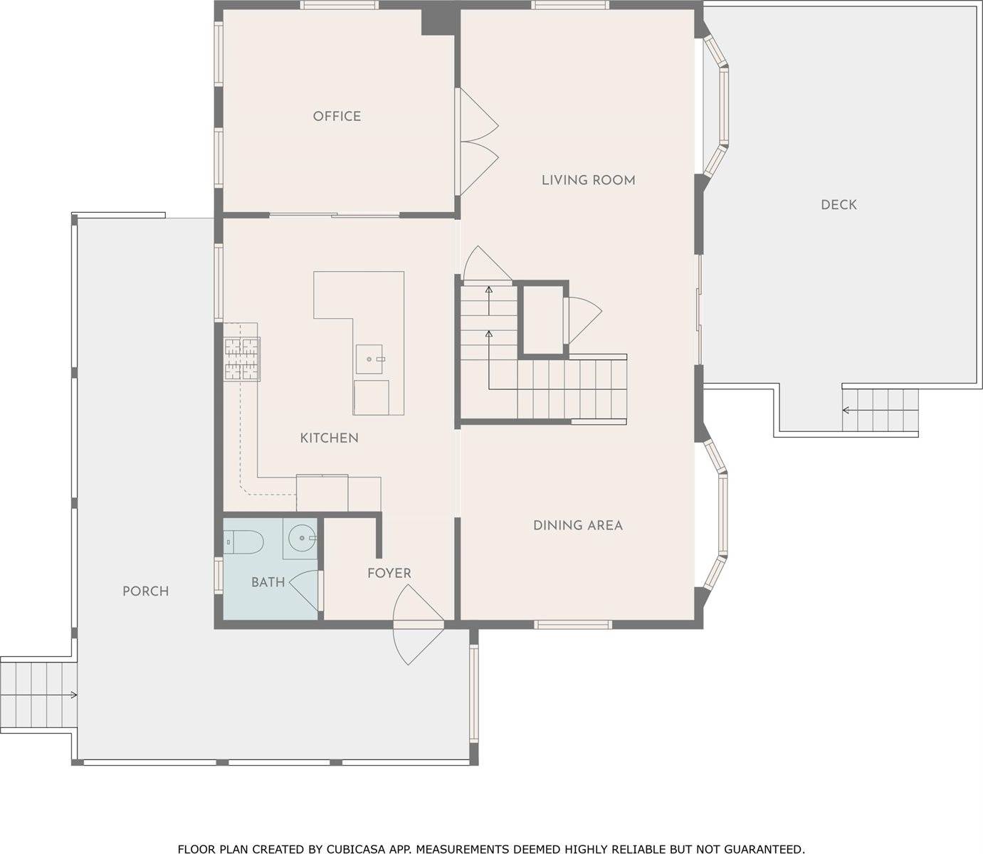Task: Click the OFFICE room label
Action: click(337, 116)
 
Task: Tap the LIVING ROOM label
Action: click(588, 180)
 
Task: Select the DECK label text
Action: click(839, 205)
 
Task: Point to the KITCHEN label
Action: click(329, 438)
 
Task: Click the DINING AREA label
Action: click(577, 525)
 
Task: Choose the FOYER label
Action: click(389, 573)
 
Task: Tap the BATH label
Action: click(268, 582)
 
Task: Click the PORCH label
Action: click(145, 591)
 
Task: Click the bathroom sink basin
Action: click(301, 539)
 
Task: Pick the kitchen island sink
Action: click(370, 359)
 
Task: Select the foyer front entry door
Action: click(419, 624)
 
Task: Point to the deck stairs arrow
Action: click(847, 410)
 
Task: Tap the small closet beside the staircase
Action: click(542, 318)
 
